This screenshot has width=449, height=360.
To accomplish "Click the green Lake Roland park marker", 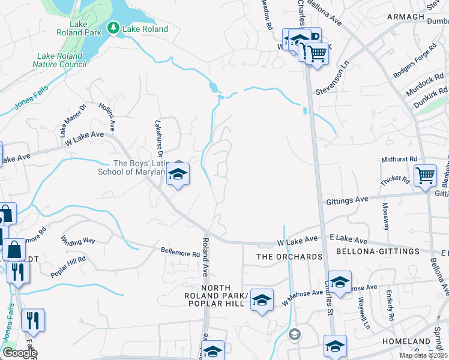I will tap(113, 28).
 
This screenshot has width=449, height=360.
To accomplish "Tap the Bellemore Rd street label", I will tap(179, 253).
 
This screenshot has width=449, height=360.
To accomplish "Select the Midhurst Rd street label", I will tap(399, 159).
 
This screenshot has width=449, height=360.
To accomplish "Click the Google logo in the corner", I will tap(20, 353).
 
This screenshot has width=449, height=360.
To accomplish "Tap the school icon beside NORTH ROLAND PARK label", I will tap(262, 299).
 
